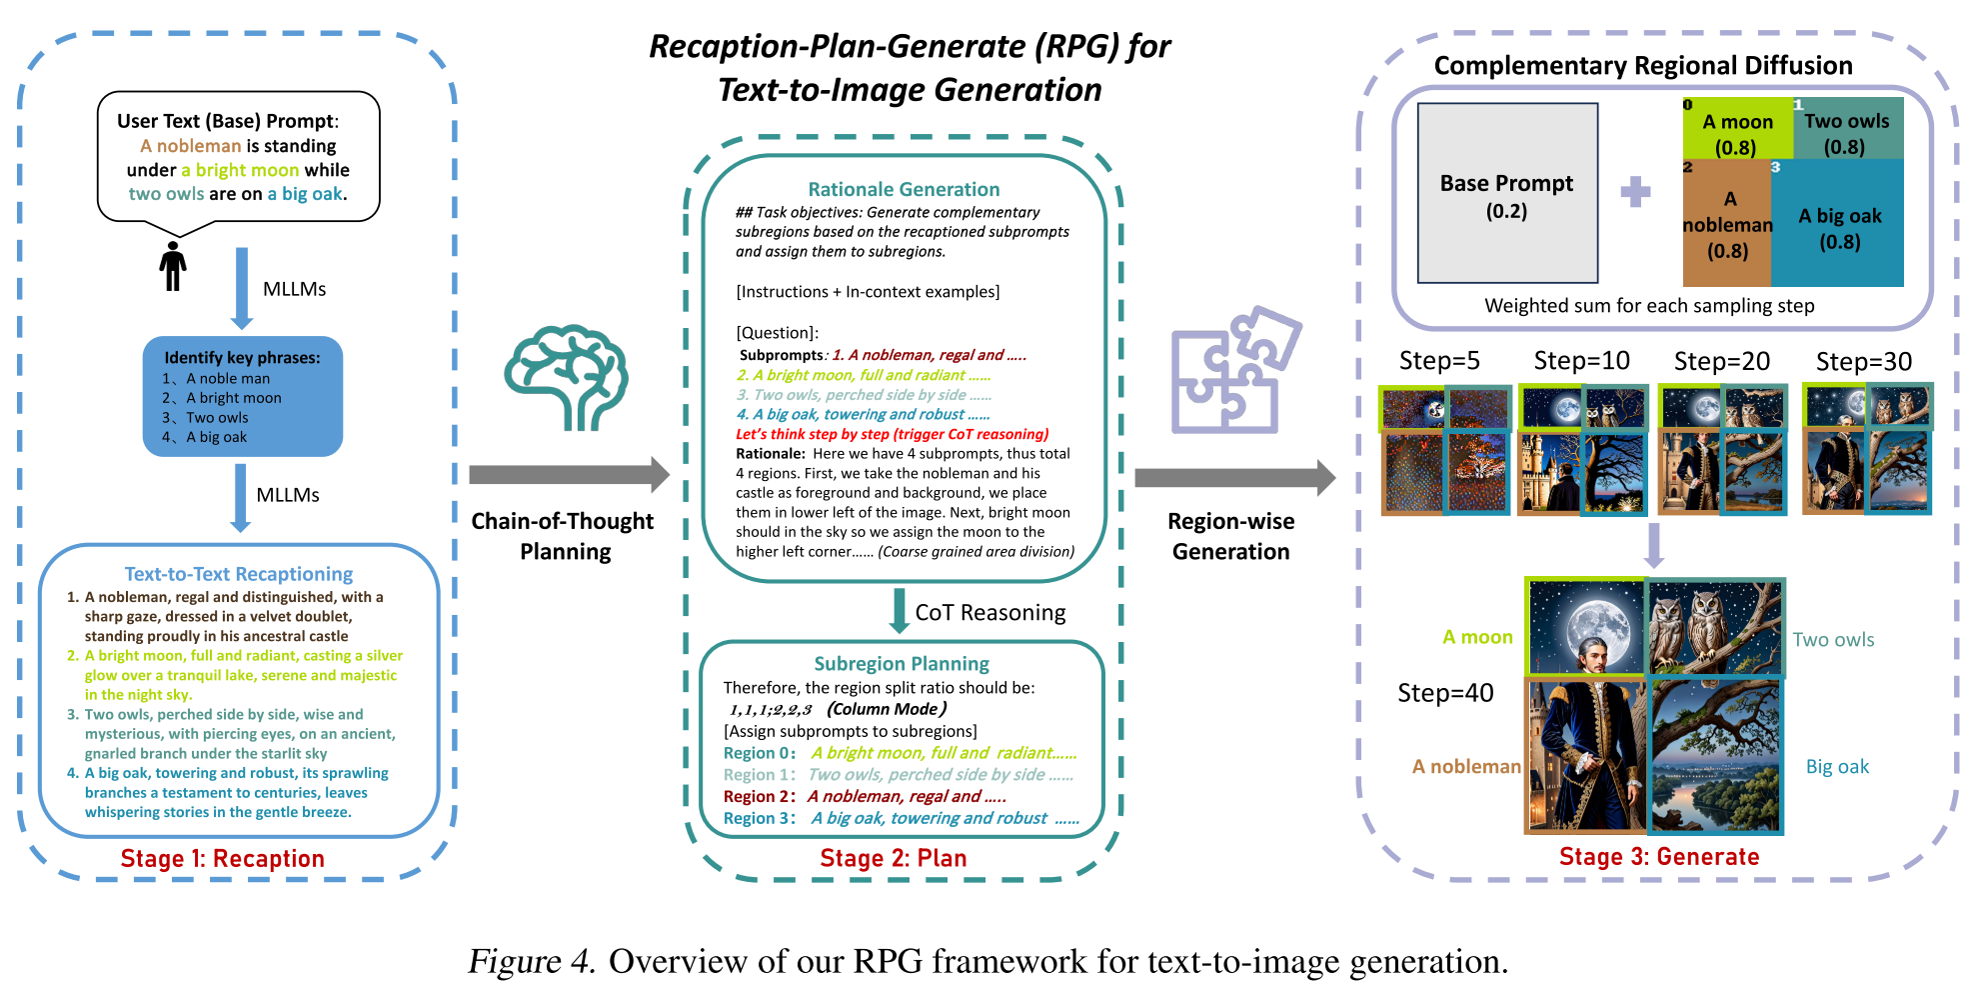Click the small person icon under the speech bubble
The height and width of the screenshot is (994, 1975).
click(x=173, y=266)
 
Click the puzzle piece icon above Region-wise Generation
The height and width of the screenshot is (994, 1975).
click(x=1235, y=371)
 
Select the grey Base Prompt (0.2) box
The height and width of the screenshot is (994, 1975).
click(x=1506, y=194)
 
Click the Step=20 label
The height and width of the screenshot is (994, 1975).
click(x=1721, y=361)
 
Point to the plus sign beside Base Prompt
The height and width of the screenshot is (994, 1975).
click(x=1635, y=191)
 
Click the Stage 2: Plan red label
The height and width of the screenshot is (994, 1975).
click(x=893, y=858)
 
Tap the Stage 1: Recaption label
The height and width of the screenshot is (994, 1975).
click(x=222, y=858)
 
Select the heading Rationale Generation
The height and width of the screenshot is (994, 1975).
click(x=904, y=189)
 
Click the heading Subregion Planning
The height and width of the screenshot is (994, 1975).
click(x=902, y=663)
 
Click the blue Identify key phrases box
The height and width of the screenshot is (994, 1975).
click(x=242, y=396)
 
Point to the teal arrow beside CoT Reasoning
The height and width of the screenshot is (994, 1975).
click(x=899, y=610)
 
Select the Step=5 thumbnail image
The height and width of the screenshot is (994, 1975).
click(x=1444, y=449)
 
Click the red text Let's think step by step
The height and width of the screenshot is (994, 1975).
click(x=892, y=434)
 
